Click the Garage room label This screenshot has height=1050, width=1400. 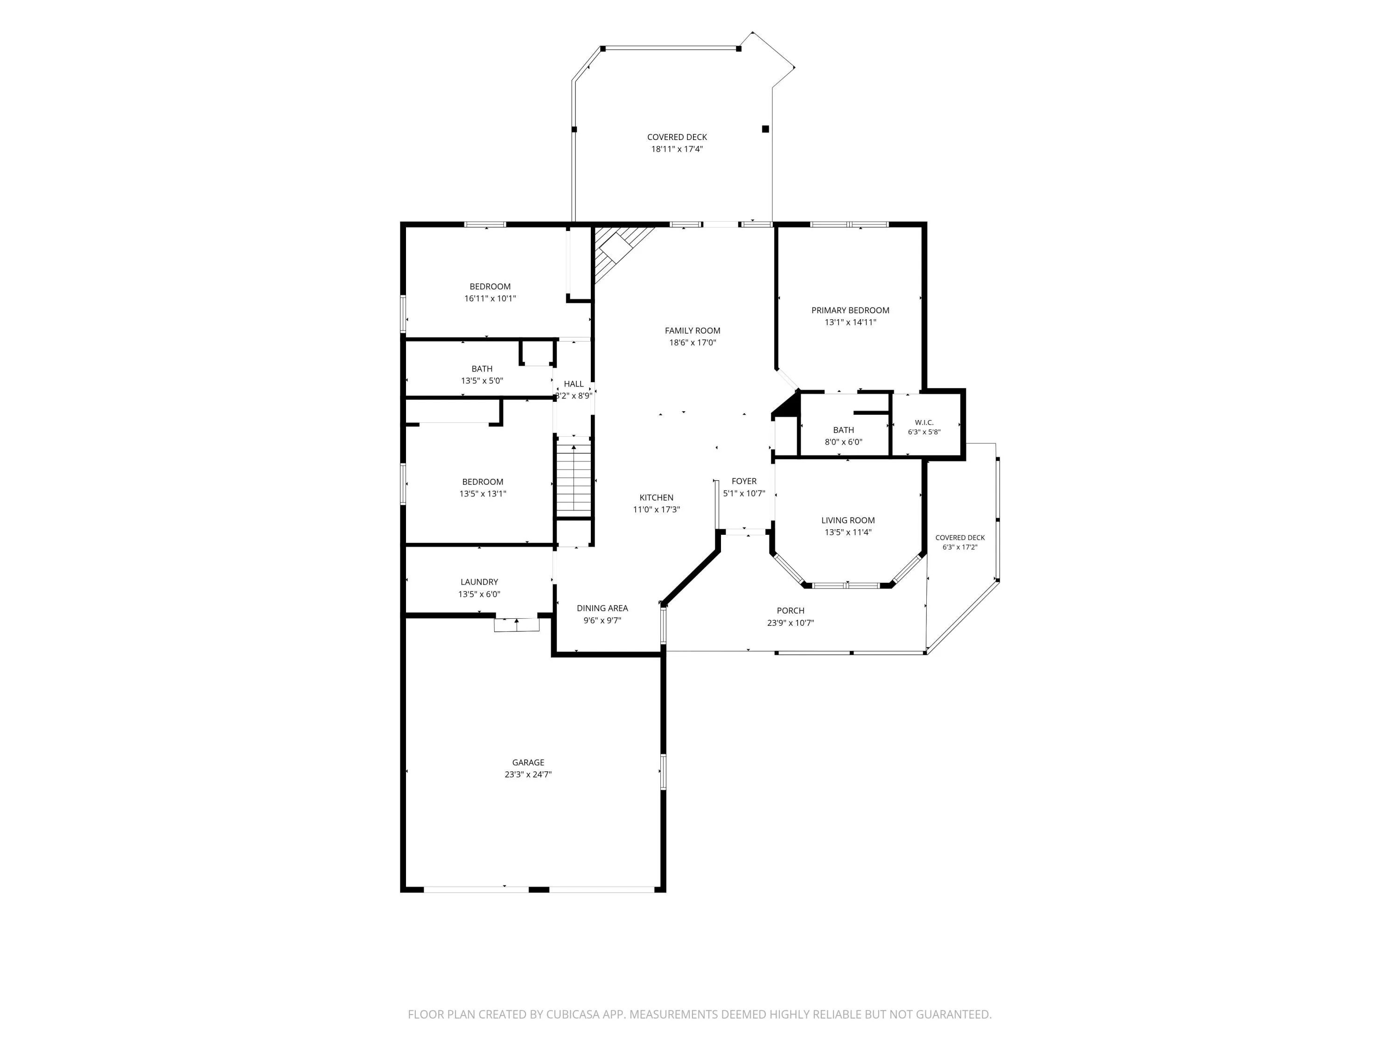tap(528, 763)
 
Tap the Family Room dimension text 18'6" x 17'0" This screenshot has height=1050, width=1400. tap(693, 343)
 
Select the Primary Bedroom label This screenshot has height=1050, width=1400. tap(850, 310)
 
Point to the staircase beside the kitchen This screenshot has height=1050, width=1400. tap(574, 480)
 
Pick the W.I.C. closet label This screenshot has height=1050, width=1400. tap(924, 422)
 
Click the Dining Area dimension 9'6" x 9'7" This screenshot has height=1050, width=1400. tap(602, 620)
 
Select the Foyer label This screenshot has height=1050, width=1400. tap(744, 481)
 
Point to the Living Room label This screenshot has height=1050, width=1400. tap(847, 520)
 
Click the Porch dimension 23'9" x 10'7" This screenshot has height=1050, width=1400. tap(790, 623)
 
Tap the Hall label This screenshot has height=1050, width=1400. tap(574, 384)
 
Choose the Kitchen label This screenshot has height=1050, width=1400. tap(656, 497)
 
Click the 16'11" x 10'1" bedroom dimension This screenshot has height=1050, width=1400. tap(490, 298)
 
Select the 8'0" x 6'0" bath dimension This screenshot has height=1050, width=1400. tap(843, 442)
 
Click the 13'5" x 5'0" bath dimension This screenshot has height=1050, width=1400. tap(482, 380)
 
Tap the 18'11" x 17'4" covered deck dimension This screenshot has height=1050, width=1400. tap(677, 149)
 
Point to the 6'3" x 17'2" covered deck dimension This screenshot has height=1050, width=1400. tap(959, 547)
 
